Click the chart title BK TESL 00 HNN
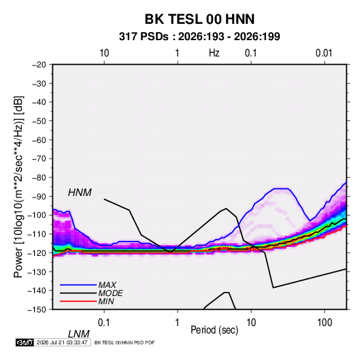pyautogui.click(x=199, y=19)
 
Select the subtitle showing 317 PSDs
pyautogui.click(x=199, y=37)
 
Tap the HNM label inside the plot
pyautogui.click(x=80, y=193)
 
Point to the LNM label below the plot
pyautogui.click(x=78, y=334)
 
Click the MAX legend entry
pyautogui.click(x=107, y=284)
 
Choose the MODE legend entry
pyautogui.click(x=110, y=293)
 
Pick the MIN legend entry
pyautogui.click(x=106, y=301)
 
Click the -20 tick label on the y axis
pyautogui.click(x=39, y=65)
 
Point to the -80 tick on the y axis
pyautogui.click(x=39, y=178)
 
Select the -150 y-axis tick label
pyautogui.click(x=37, y=310)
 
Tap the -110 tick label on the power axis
pyautogui.click(x=37, y=234)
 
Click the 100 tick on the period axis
pyautogui.click(x=325, y=323)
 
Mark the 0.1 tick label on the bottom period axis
pyautogui.click(x=104, y=323)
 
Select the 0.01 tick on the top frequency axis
pyautogui.click(x=324, y=53)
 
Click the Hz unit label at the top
pyautogui.click(x=214, y=53)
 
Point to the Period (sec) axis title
pyautogui.click(x=214, y=330)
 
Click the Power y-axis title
pyautogui.click(x=18, y=187)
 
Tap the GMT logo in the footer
pyautogui.click(x=24, y=342)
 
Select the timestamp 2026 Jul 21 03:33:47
pyautogui.click(x=62, y=342)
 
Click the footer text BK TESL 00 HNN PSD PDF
pyautogui.click(x=125, y=342)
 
